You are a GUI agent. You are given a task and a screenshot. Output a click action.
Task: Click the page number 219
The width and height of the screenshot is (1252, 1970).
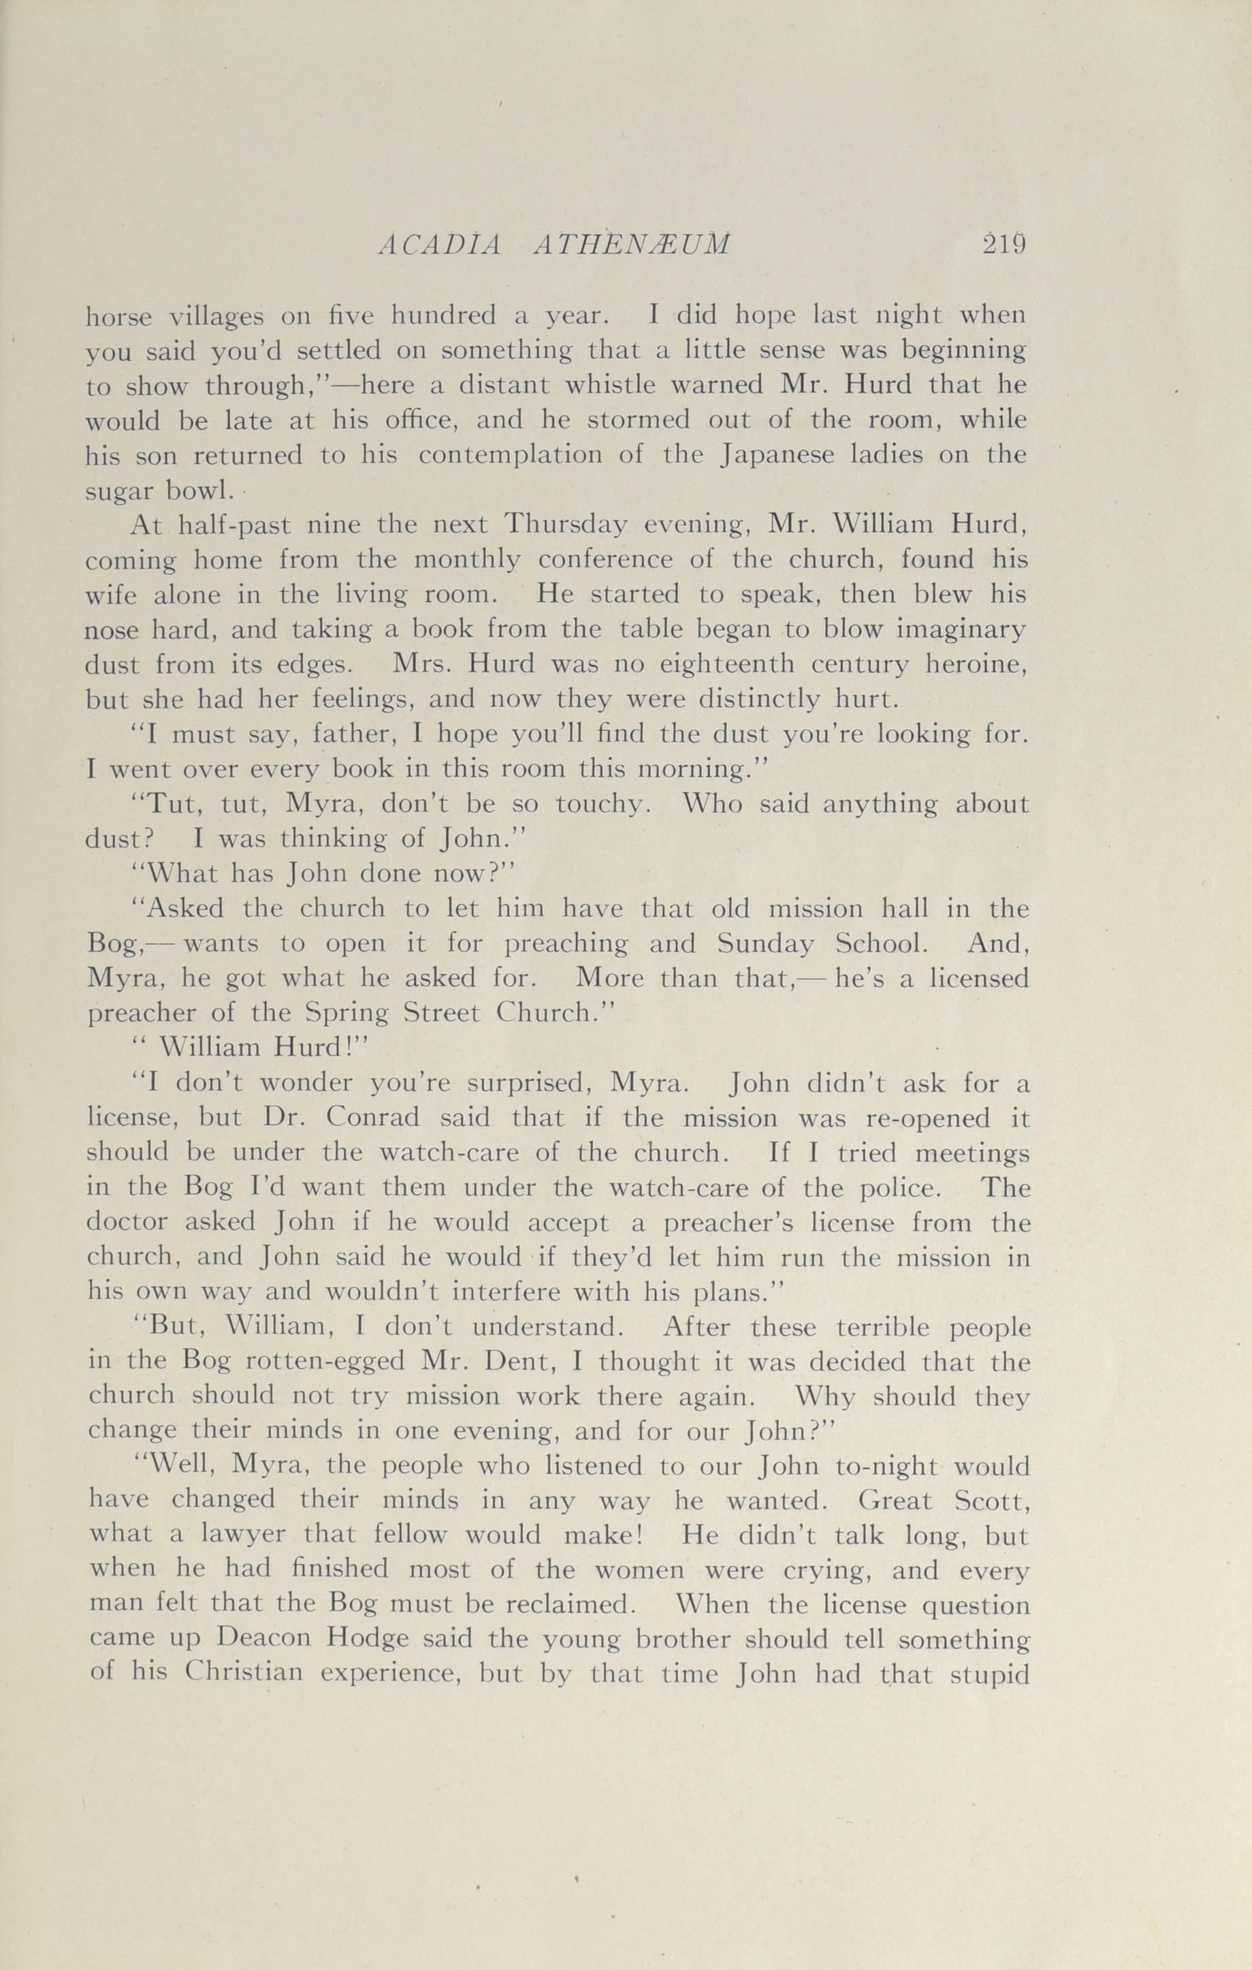click(1004, 245)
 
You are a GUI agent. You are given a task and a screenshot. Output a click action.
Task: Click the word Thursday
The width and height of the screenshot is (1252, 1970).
click(565, 525)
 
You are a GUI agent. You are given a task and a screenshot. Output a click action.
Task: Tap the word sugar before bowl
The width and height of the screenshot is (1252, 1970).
click(114, 491)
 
